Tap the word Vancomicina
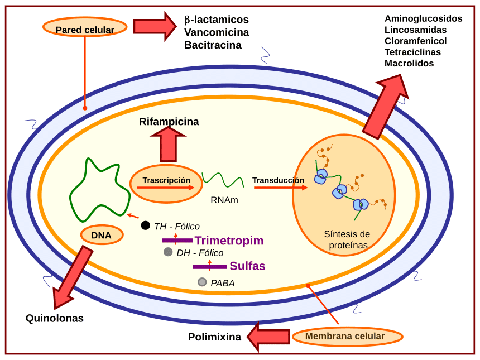217,32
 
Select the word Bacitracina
213,45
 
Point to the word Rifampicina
169,122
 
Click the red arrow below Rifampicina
168,145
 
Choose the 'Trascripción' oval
166,184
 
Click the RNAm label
224,200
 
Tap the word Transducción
278,180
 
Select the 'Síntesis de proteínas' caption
347,239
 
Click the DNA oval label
102,235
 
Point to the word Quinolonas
55,318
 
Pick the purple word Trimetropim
229,241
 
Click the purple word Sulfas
247,266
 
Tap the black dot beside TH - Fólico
146,225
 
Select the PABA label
222,283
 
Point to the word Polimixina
214,337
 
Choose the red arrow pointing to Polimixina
268,337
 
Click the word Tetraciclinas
412,52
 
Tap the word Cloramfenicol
415,41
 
